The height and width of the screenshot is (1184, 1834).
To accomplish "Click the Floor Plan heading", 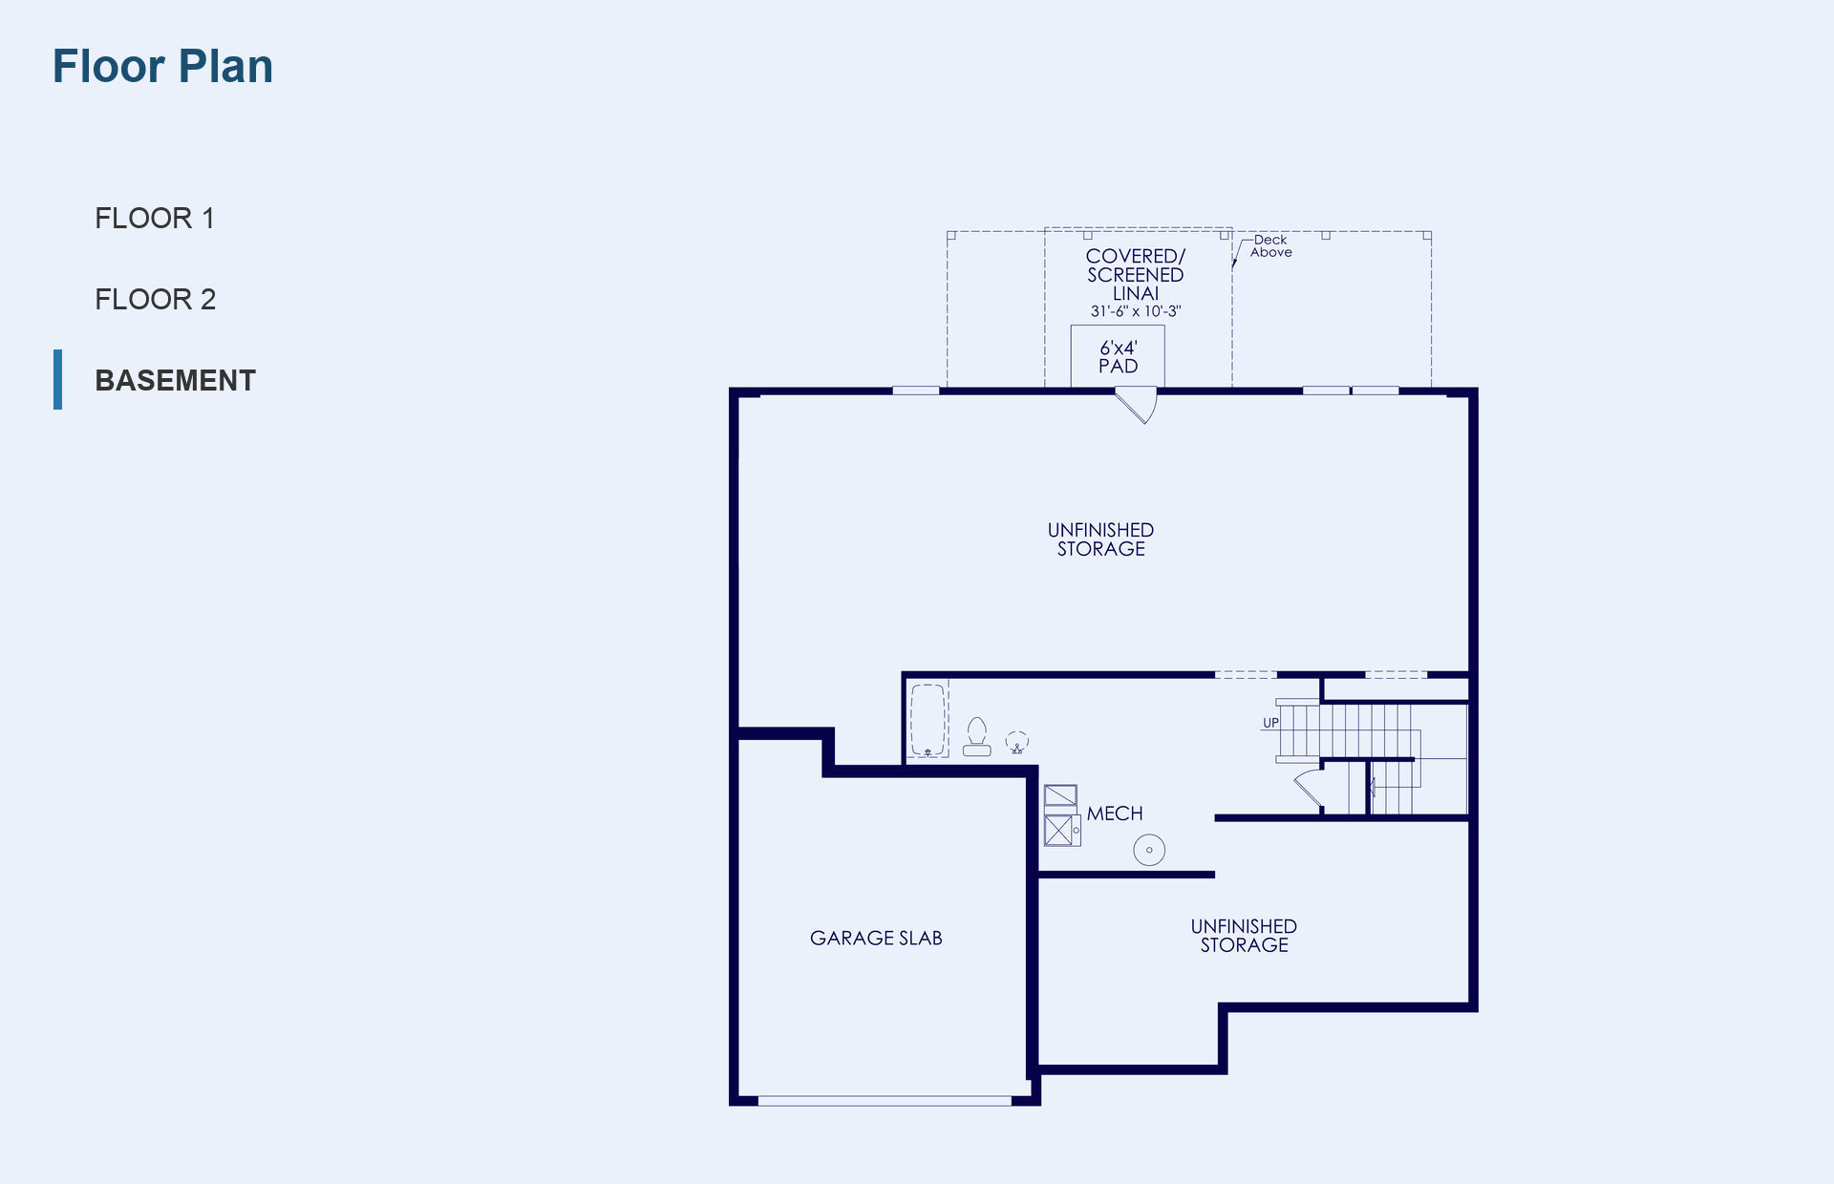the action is pyautogui.click(x=162, y=67).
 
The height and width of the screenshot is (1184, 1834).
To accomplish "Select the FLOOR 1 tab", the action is pyautogui.click(x=155, y=219).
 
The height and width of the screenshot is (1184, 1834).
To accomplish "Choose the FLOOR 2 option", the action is pyautogui.click(x=156, y=300).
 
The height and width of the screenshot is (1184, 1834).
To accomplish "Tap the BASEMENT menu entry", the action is pyautogui.click(x=176, y=380).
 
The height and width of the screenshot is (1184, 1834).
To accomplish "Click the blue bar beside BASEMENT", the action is pyautogui.click(x=58, y=379).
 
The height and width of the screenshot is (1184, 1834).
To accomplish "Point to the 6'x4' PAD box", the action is pyautogui.click(x=1118, y=356).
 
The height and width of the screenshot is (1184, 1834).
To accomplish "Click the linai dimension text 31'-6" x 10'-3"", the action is pyautogui.click(x=1136, y=311).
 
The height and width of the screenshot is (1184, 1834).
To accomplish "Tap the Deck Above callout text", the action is pyautogui.click(x=1271, y=246).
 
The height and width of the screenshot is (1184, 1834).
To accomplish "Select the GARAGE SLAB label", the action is pyautogui.click(x=876, y=939).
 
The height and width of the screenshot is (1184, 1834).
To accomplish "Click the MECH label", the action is pyautogui.click(x=1115, y=814).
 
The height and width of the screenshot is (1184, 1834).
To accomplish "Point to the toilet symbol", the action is pyautogui.click(x=976, y=737).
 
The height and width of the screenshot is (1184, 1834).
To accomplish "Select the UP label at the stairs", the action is pyautogui.click(x=1270, y=723).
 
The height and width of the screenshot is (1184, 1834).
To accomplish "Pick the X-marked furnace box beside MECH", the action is pyautogui.click(x=1058, y=830).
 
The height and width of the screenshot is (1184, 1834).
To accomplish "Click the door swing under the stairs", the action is pyautogui.click(x=1309, y=789).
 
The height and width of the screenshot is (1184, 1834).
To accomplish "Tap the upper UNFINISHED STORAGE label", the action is pyautogui.click(x=1100, y=539).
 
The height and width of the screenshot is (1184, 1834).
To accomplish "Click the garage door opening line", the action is pyautogui.click(x=885, y=1101).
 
